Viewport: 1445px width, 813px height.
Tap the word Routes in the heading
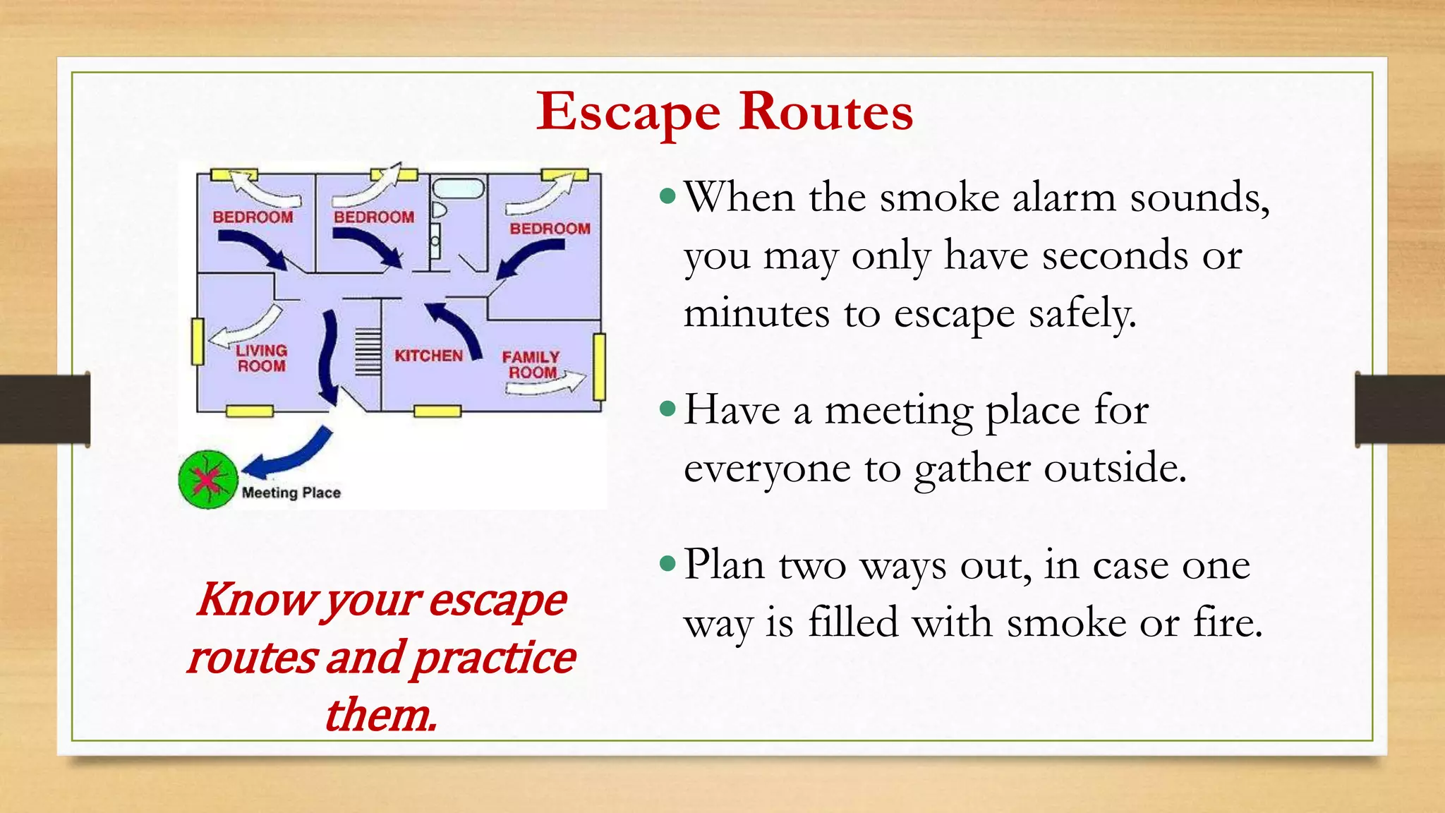point(826,112)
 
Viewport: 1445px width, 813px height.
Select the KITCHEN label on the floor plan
point(428,356)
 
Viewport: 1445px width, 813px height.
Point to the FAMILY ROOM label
point(531,364)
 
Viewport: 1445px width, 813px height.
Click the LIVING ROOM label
point(261,358)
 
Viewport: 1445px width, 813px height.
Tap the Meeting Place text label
point(291,493)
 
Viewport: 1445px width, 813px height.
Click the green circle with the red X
point(207,480)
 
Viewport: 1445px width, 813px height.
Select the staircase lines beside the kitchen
point(368,352)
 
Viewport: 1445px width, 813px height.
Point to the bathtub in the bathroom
point(458,188)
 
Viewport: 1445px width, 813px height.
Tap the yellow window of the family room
point(599,367)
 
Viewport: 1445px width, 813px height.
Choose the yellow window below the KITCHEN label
point(437,411)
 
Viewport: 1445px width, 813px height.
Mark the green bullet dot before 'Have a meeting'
point(667,408)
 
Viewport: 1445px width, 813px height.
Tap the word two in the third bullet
point(812,565)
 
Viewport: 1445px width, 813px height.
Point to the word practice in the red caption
point(493,658)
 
